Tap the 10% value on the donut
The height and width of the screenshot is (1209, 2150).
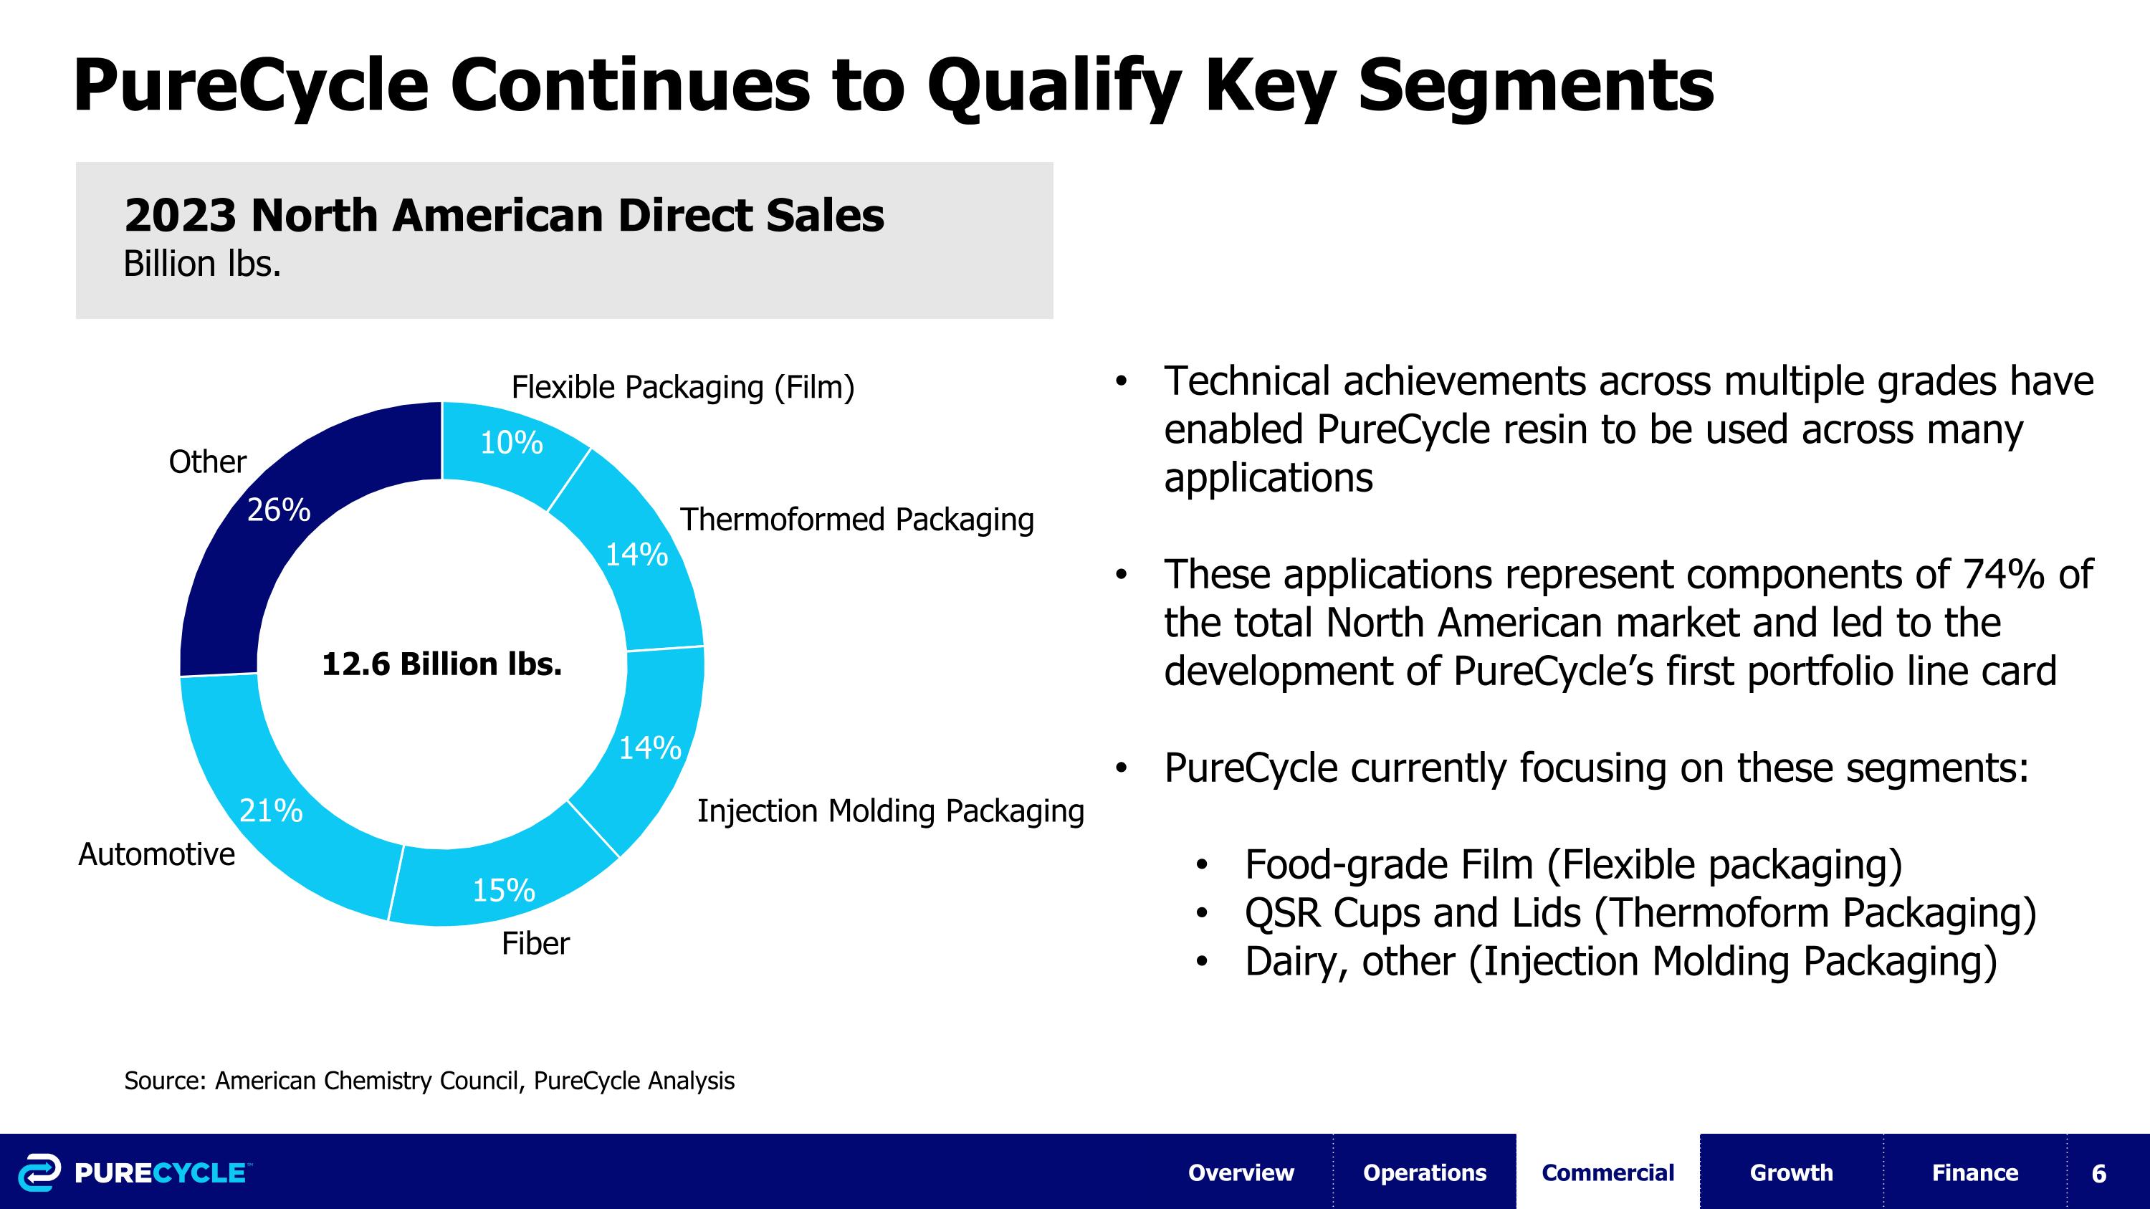(x=511, y=442)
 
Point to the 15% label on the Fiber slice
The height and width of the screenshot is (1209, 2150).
(x=503, y=891)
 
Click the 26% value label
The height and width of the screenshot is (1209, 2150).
(x=279, y=510)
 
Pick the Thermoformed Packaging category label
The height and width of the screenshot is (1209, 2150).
(x=856, y=520)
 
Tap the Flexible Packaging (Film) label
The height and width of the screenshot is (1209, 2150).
(x=683, y=387)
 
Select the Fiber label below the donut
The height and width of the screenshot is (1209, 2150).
(x=535, y=944)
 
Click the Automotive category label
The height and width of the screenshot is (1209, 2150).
(x=156, y=854)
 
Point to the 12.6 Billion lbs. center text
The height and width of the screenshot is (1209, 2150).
(x=441, y=664)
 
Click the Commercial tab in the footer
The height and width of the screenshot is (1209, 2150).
(x=1607, y=1172)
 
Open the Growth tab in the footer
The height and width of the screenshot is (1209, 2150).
(x=1790, y=1172)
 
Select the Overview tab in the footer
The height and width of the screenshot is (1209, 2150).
(x=1241, y=1172)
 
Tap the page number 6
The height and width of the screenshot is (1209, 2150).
(x=2098, y=1174)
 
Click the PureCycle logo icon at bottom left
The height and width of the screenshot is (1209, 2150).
(x=39, y=1172)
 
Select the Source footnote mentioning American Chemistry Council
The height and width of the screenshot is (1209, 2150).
(x=429, y=1081)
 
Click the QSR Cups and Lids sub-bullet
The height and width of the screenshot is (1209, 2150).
(x=1639, y=913)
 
